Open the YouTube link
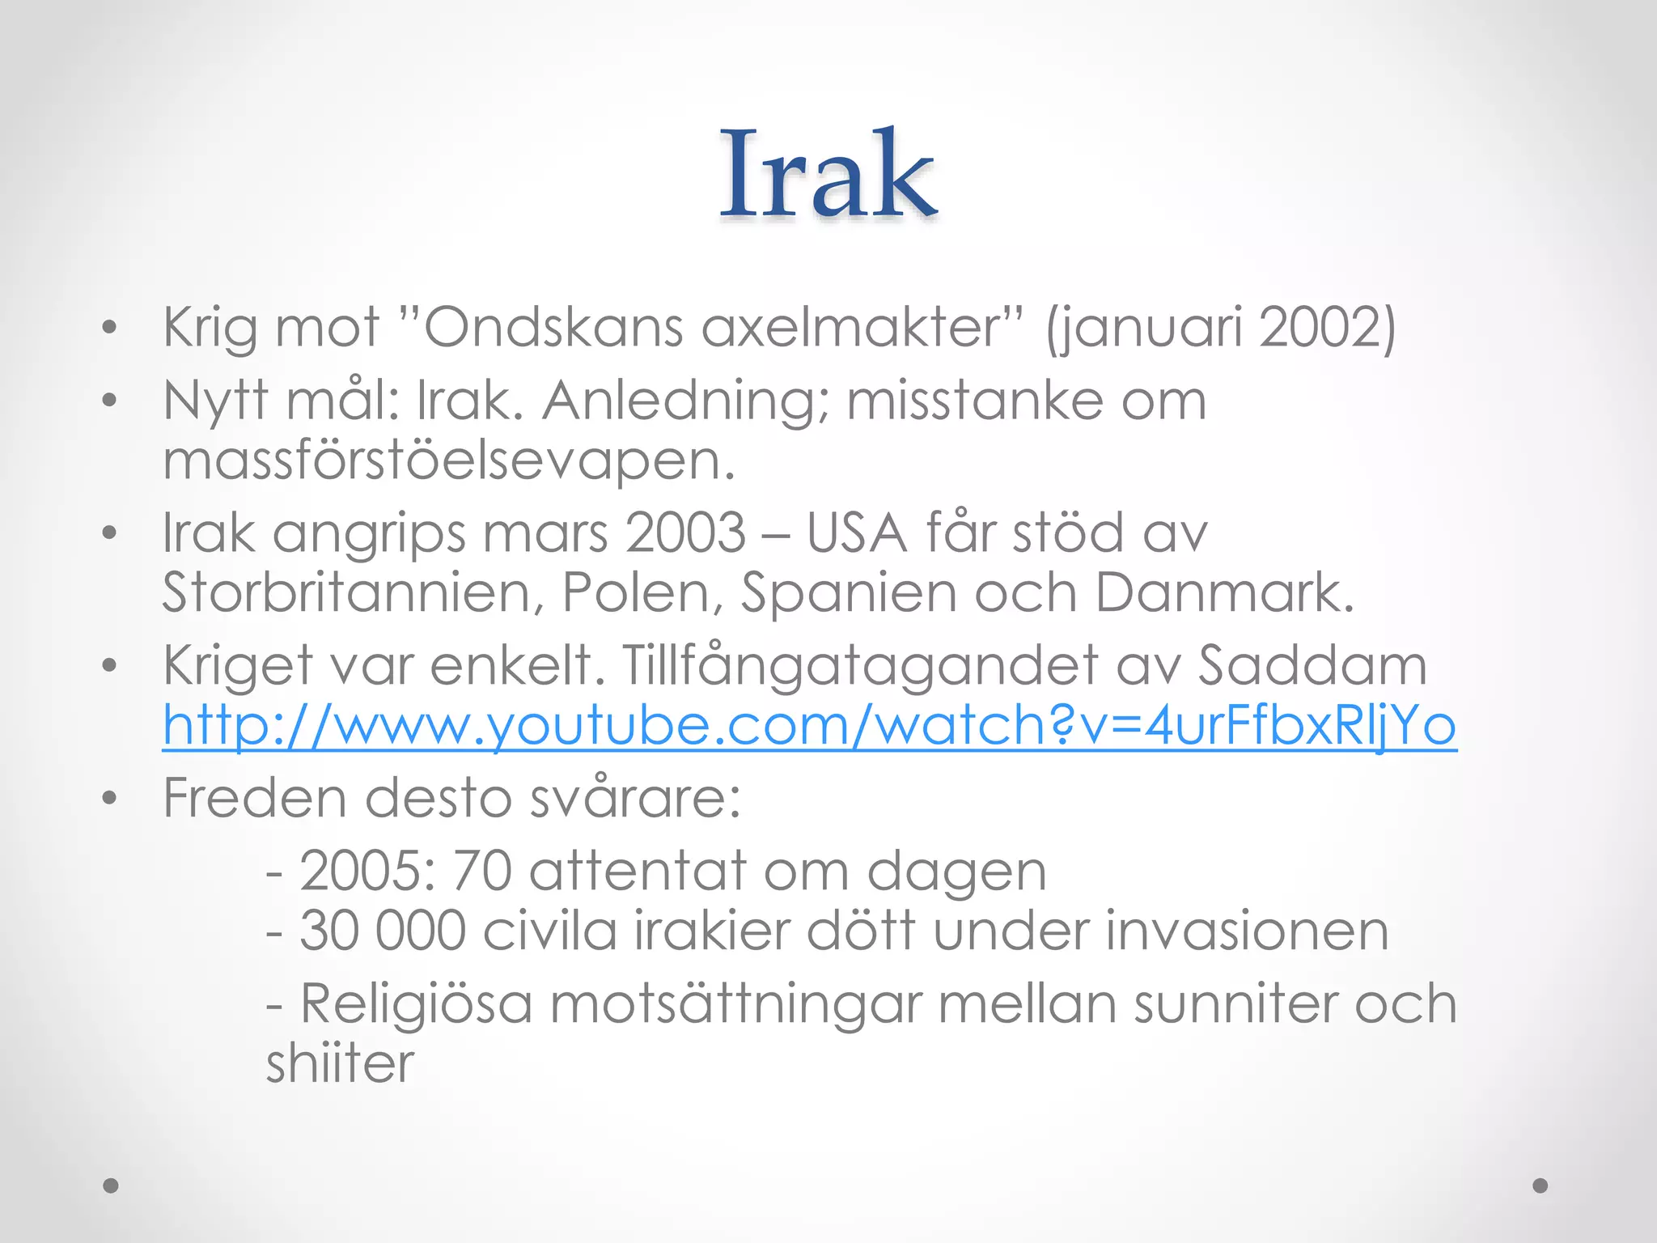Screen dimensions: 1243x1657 click(x=809, y=725)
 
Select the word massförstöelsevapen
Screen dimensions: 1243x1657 click(x=449, y=460)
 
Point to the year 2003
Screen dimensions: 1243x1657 click(x=685, y=533)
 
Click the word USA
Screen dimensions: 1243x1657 click(x=857, y=533)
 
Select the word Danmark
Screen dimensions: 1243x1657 click(x=1224, y=593)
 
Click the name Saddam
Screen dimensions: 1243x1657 click(x=1312, y=666)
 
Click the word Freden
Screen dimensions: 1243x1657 click(x=256, y=799)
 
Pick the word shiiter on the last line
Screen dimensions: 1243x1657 click(x=340, y=1064)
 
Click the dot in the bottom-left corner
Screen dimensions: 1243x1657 click(x=111, y=1186)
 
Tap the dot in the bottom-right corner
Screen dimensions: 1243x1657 click(x=1540, y=1186)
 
